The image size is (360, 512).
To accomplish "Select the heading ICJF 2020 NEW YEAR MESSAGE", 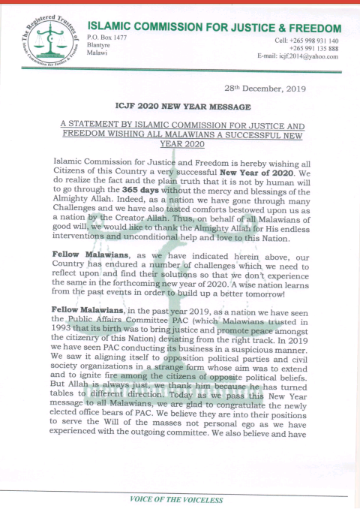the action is [180, 107].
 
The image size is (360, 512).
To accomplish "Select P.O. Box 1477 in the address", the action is [106, 37].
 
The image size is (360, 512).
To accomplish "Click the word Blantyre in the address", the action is [99, 44].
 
